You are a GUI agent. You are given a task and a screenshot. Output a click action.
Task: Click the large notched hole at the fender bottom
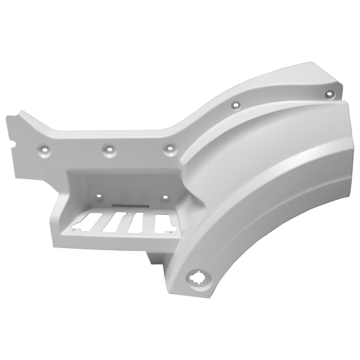[197, 278]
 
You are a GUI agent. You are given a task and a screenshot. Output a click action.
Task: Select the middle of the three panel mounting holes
[107, 150]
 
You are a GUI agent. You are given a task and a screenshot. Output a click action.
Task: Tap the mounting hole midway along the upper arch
[235, 105]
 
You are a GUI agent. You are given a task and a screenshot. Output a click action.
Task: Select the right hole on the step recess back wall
[165, 197]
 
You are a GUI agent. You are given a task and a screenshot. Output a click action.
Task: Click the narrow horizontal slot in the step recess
[128, 206]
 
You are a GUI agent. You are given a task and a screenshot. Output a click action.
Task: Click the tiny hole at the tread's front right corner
[169, 230]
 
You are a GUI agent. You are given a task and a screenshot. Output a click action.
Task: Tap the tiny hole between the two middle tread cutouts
[128, 215]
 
